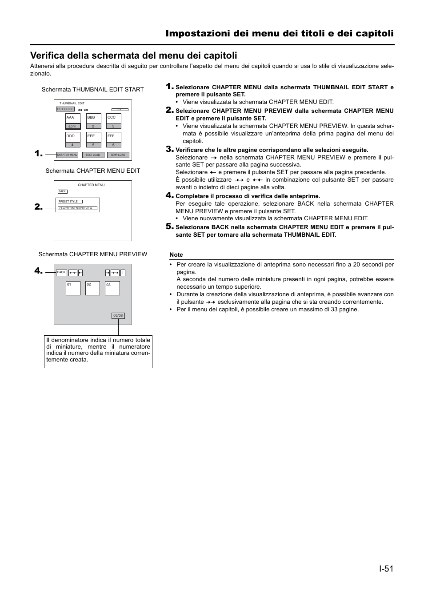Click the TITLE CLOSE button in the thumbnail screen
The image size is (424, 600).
[65, 109]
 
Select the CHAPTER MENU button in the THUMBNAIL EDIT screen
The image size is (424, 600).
[67, 155]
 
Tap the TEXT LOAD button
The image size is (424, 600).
[93, 155]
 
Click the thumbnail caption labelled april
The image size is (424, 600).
[72, 126]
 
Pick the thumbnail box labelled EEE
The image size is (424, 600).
[93, 137]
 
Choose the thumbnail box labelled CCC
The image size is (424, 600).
[114, 119]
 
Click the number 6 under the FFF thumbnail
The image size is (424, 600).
[114, 145]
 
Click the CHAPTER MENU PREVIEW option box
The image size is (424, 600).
[77, 208]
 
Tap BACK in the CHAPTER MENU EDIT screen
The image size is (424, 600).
[62, 191]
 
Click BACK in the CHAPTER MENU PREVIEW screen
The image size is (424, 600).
[61, 273]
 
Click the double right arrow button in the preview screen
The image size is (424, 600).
[115, 273]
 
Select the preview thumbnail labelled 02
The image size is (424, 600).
[92, 288]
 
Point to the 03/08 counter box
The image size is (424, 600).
[118, 316]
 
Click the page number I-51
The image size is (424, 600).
[386, 569]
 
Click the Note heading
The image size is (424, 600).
[176, 255]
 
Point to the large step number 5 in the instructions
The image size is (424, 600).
[169, 226]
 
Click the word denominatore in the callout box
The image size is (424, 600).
[76, 340]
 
